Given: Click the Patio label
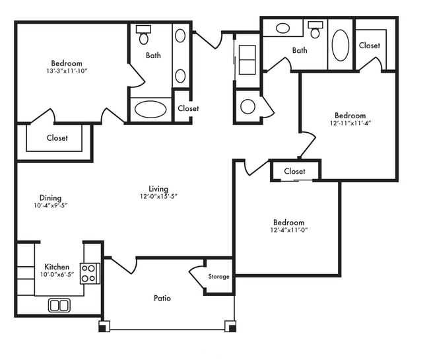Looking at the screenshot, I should pos(162,298).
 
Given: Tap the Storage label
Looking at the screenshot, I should pos(218,277).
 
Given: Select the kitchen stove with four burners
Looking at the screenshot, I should pos(90,273).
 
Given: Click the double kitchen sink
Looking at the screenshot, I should pos(59,305).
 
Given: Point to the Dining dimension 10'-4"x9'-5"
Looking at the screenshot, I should pos(50,205).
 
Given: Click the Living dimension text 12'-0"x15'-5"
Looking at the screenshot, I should pos(158,196).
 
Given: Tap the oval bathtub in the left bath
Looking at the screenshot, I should pos(150,109).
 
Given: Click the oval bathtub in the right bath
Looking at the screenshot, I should pos(341,46).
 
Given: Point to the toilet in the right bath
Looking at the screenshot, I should pos(315,30).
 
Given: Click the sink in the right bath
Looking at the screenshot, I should pos(282,28).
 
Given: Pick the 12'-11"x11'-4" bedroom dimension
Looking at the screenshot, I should pos(349,123).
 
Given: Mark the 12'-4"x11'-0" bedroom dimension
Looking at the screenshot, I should pos(288,231).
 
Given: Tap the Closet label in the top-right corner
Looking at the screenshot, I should pos(369,46).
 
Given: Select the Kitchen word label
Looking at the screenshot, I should pos(57,267).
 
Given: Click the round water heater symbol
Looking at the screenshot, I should pos(248,106).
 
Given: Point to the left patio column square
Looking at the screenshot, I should pos(104,326).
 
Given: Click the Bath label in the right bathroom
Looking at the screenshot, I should pos(300,50).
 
